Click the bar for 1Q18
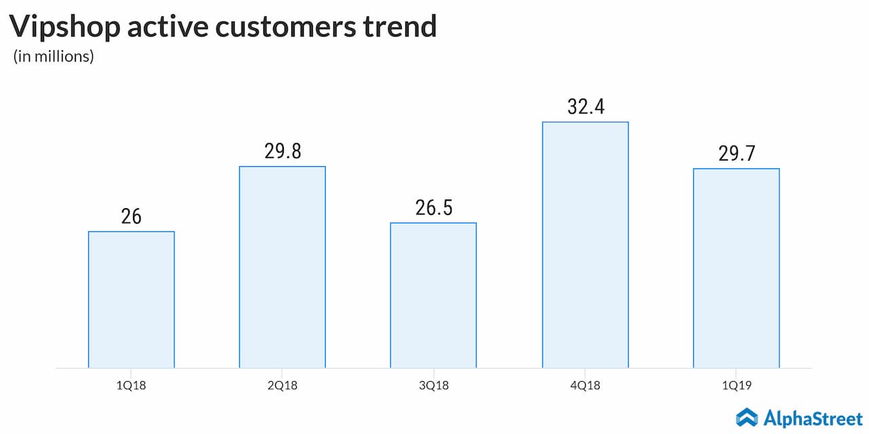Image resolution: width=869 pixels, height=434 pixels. [131, 299]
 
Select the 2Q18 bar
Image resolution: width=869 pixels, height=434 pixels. [282, 267]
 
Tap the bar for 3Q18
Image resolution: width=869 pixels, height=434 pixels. [433, 295]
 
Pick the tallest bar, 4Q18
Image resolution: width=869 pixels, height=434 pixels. [585, 244]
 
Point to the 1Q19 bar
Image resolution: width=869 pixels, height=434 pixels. [736, 268]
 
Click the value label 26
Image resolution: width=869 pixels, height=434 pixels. [131, 216]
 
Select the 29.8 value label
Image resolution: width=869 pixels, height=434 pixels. [282, 151]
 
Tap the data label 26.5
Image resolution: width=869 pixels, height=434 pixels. [433, 208]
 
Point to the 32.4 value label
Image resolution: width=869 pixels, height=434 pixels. [585, 106]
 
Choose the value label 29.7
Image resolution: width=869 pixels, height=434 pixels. [736, 153]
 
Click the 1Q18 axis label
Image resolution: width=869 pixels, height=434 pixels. [131, 386]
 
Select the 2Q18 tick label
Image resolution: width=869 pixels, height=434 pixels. [282, 386]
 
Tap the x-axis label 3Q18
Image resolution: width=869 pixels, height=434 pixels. [433, 386]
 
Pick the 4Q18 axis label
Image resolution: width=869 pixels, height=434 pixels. [585, 386]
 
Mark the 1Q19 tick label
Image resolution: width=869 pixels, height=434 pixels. [736, 386]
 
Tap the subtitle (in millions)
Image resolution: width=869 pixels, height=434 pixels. [54, 57]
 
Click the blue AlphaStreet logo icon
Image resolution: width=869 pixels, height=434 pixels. [747, 417]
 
